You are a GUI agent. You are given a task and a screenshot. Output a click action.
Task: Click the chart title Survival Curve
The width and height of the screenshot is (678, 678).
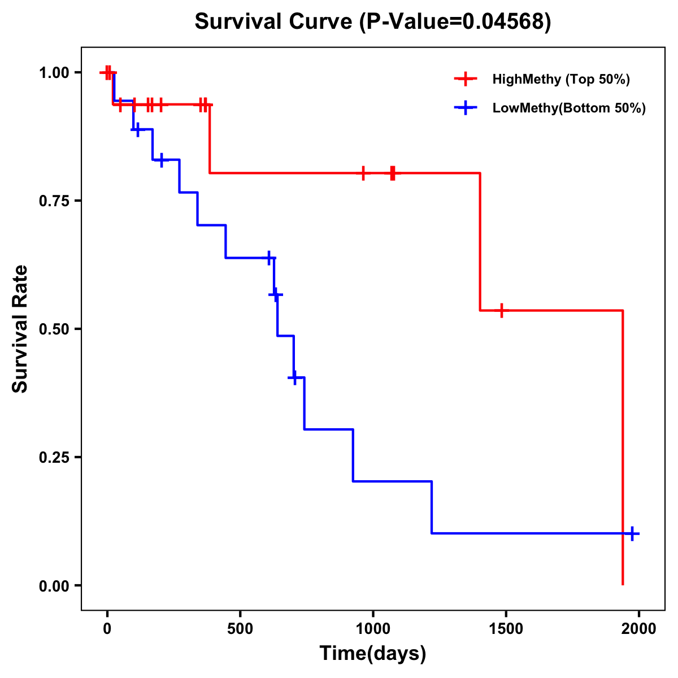(x=275, y=22)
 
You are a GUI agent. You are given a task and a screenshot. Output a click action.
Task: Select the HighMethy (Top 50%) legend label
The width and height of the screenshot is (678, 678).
(x=560, y=79)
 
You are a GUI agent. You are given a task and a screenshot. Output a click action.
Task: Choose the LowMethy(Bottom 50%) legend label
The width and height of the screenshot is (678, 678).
(x=568, y=108)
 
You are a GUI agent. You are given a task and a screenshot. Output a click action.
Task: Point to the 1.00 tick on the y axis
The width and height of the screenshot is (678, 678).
(x=54, y=73)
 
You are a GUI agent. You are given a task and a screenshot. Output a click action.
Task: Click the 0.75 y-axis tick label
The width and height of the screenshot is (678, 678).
(x=54, y=201)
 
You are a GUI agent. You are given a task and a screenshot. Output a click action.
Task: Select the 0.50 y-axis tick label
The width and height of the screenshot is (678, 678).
(x=54, y=329)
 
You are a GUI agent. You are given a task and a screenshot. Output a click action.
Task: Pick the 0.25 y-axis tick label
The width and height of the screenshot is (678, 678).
(x=54, y=458)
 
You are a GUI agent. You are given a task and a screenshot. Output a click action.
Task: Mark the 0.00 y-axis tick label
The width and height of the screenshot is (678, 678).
(x=54, y=586)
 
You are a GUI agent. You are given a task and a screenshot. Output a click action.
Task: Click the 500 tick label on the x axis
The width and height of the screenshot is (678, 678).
(x=240, y=629)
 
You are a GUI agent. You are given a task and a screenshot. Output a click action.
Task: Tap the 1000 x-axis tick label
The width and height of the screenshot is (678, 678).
(x=373, y=629)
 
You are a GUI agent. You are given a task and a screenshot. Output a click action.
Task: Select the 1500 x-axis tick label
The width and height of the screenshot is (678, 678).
(x=506, y=629)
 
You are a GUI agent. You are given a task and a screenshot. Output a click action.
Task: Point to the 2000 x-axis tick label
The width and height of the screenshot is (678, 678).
(x=638, y=629)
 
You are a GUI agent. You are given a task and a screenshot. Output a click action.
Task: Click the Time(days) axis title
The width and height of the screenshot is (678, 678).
(x=373, y=654)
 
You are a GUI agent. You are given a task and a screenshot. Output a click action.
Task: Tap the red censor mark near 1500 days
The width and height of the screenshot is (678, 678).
(x=501, y=310)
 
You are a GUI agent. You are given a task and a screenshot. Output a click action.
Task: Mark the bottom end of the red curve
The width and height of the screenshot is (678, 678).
(x=623, y=584)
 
